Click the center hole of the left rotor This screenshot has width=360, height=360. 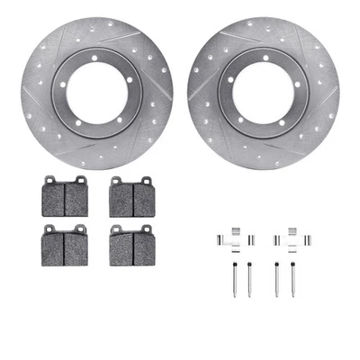tap(97, 92)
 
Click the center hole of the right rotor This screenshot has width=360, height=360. tap(262, 91)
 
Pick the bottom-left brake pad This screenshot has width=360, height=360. tap(64, 246)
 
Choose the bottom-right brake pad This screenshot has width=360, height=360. tap(132, 246)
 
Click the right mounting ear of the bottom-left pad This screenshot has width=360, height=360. tap(81, 229)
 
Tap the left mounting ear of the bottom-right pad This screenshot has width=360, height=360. tap(115, 229)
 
